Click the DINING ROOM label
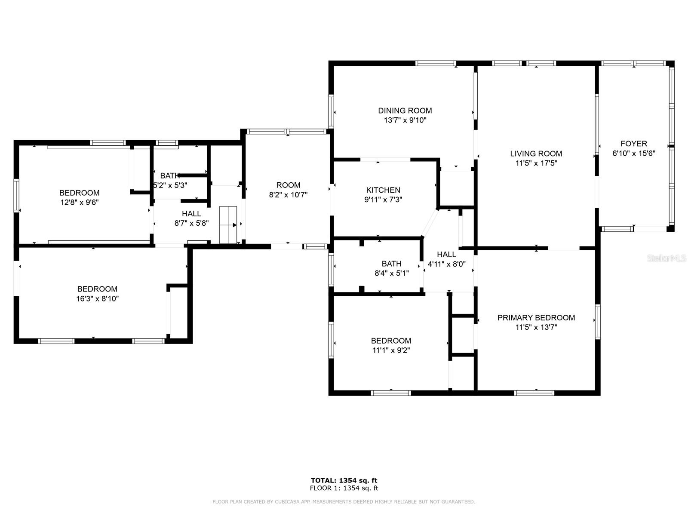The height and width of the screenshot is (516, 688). (405, 111)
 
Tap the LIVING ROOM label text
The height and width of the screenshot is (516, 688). (536, 154)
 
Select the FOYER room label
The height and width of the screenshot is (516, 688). (634, 144)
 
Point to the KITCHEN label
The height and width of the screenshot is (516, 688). (383, 190)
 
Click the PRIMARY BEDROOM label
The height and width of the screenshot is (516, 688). (536, 318)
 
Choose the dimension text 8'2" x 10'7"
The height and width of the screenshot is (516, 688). (288, 195)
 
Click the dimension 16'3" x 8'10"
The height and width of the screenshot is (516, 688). (98, 298)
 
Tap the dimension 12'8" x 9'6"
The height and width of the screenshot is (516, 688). (80, 203)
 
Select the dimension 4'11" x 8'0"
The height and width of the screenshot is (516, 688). (446, 264)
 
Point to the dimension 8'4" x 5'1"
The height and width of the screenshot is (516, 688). (391, 273)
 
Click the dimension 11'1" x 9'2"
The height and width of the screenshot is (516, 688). (391, 350)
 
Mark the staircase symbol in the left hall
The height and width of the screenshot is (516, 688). (228, 224)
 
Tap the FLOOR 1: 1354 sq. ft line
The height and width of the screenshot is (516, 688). (344, 488)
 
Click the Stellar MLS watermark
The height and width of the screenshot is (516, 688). (666, 258)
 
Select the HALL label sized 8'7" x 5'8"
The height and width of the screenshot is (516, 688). (191, 214)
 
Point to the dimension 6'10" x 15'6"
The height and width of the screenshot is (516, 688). (634, 153)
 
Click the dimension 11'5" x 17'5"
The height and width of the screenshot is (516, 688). (536, 163)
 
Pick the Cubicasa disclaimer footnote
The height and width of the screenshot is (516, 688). (344, 501)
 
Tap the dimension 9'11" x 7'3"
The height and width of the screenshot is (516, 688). (383, 200)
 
